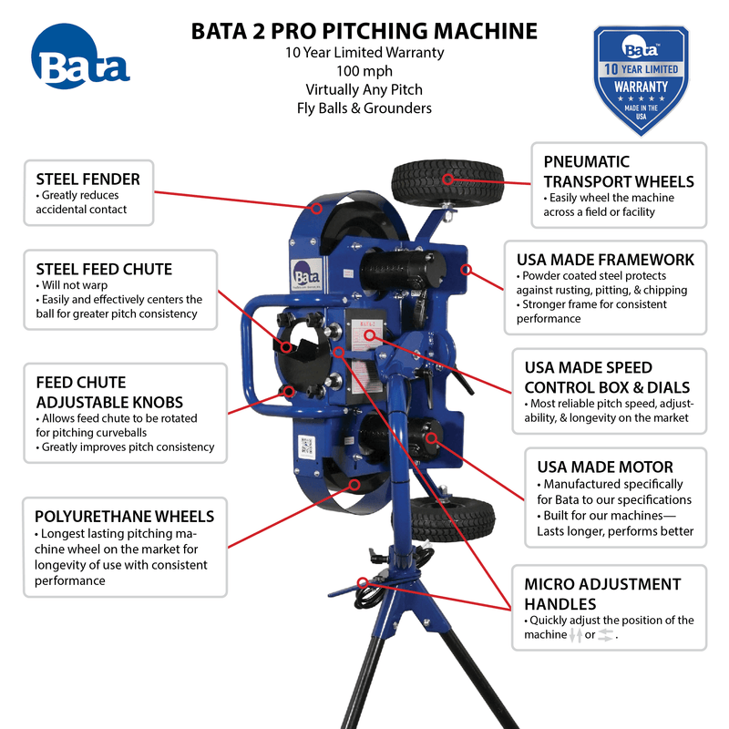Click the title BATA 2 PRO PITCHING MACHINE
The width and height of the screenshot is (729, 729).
click(364, 31)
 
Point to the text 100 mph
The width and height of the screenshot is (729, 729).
click(364, 71)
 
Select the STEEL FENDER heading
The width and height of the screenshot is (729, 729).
click(88, 179)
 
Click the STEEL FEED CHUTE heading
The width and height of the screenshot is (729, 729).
click(104, 269)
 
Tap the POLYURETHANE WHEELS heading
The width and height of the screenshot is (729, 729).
click(125, 517)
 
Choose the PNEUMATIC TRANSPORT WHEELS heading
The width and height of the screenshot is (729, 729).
click(618, 170)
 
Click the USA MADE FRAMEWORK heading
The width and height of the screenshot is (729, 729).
click(605, 260)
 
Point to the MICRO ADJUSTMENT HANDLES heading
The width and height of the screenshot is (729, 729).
click(602, 593)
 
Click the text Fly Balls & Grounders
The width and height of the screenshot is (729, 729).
click(364, 108)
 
